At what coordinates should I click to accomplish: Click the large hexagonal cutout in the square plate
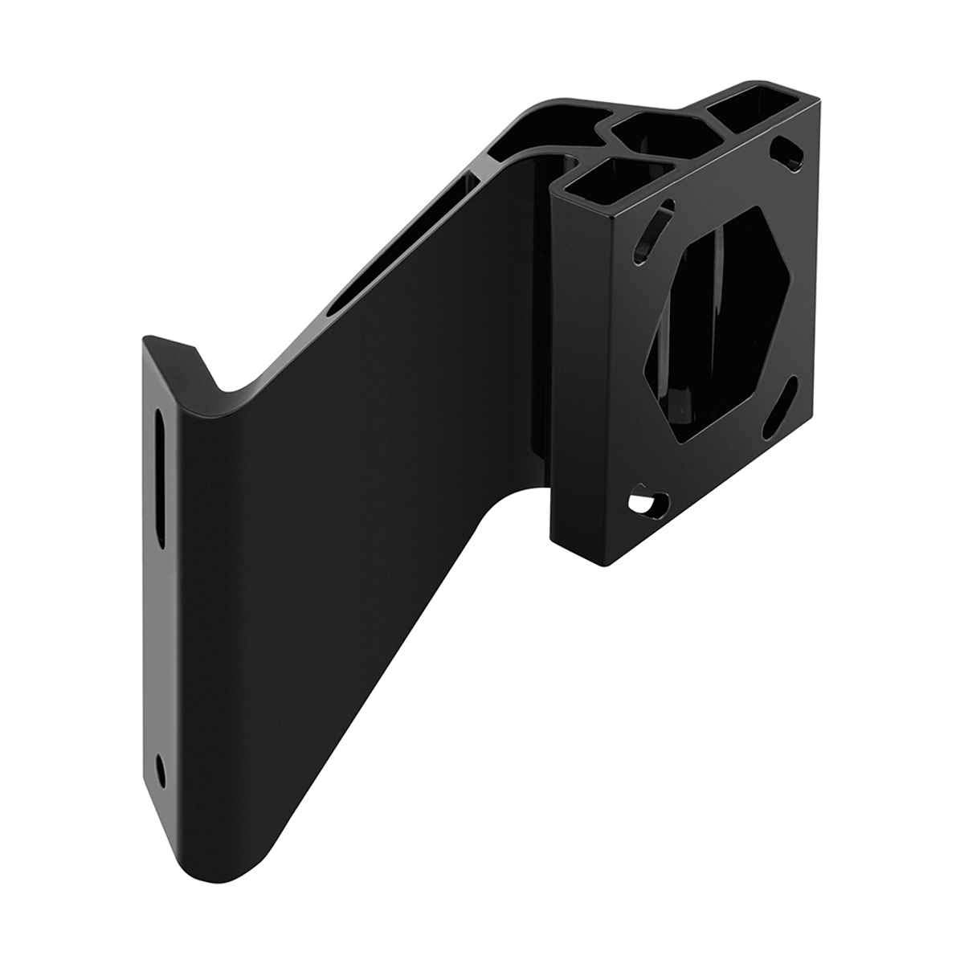coord(719,321)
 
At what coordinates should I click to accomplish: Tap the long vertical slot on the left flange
coord(161,479)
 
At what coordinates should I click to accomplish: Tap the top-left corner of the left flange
coord(146,341)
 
